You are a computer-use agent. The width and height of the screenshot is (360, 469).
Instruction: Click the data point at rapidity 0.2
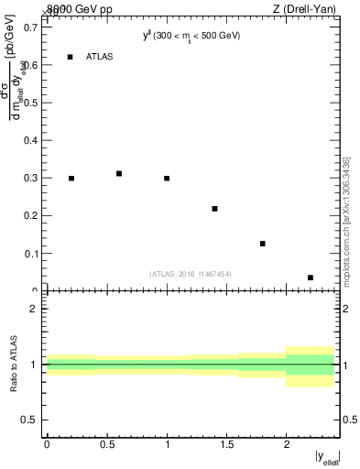click(71, 178)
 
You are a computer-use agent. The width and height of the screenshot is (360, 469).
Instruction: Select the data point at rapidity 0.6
click(119, 173)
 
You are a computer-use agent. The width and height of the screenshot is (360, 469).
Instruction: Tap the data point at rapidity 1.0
click(167, 178)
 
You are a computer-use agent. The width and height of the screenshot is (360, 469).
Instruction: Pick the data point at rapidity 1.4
click(214, 209)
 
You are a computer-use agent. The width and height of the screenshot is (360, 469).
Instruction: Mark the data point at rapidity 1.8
click(263, 244)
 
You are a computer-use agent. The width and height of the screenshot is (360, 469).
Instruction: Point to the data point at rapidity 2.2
click(311, 278)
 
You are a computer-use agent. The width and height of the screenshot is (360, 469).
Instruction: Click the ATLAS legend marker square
click(71, 57)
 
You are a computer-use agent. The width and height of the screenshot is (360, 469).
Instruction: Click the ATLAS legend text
click(99, 57)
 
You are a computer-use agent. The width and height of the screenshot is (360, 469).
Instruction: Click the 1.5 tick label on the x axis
click(226, 443)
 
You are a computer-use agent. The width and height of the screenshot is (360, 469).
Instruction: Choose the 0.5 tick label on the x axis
click(106, 443)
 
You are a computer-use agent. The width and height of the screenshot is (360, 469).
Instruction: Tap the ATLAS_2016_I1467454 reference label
click(191, 274)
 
